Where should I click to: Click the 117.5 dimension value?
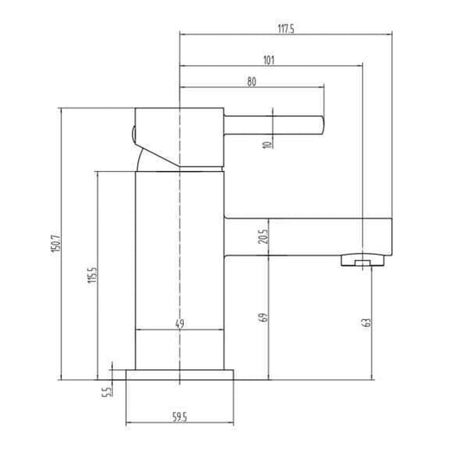tap(286, 29)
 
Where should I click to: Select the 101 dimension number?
tap(268, 60)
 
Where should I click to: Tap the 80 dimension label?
tap(251, 82)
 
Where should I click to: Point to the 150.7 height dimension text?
tap(57, 243)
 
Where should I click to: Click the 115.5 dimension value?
tap(93, 274)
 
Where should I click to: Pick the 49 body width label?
tap(180, 323)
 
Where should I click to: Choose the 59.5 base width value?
tap(180, 417)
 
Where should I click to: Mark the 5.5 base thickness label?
tap(107, 392)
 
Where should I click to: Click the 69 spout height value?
tap(264, 318)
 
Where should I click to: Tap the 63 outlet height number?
tap(366, 323)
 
